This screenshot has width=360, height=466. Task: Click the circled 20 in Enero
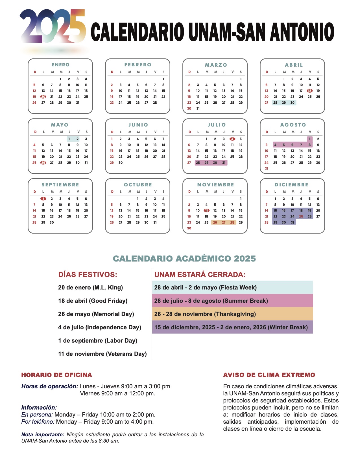[x=43, y=97]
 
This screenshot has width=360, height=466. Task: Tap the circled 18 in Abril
[x=309, y=91]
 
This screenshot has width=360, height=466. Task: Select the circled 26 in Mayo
[x=43, y=163]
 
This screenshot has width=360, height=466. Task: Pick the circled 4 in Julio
[x=232, y=139]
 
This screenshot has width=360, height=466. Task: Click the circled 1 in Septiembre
[x=43, y=199]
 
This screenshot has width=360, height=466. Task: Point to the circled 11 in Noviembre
[x=206, y=211]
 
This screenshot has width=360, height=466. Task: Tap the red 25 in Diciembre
[x=301, y=217]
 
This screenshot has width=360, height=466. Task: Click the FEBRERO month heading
[x=138, y=65]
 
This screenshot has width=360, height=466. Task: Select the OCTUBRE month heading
[x=138, y=185]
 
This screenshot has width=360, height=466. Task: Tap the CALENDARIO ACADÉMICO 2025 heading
[x=184, y=259]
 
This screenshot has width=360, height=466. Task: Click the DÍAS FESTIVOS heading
[x=88, y=275]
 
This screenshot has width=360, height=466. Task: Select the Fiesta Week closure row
[x=232, y=288]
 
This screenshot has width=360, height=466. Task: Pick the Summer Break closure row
[x=232, y=301]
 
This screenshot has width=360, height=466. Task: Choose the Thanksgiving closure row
[x=232, y=314]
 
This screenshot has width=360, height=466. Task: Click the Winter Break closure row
[x=232, y=327]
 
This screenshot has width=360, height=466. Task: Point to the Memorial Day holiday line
[x=96, y=314]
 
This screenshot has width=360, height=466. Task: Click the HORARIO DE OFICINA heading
[x=56, y=375]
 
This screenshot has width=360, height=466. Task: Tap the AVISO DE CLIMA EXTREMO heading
[x=269, y=375]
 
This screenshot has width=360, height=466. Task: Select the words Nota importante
[x=42, y=435]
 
